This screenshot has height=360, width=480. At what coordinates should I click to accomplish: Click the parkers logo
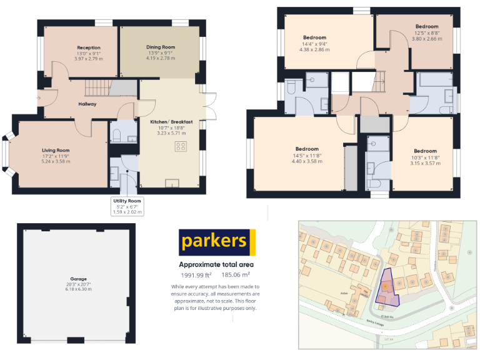click(x=217, y=242)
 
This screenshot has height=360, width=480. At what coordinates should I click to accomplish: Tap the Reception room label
click(x=89, y=47)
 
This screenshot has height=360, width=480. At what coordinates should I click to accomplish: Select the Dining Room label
click(x=161, y=47)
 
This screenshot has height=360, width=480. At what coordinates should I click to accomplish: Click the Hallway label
click(x=87, y=104)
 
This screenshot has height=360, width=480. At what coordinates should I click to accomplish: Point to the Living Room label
click(x=56, y=151)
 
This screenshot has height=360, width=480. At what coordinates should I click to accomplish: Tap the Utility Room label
click(x=127, y=201)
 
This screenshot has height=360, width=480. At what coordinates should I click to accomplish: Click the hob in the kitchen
click(x=181, y=147)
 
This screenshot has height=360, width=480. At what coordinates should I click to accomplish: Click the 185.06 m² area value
click(x=237, y=274)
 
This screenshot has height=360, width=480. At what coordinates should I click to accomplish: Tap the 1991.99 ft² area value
click(x=196, y=274)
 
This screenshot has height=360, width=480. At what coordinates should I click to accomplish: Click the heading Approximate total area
click(x=216, y=264)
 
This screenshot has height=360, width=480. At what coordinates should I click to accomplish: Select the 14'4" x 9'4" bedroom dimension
click(x=315, y=44)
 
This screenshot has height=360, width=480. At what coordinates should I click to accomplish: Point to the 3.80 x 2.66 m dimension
click(x=427, y=39)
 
